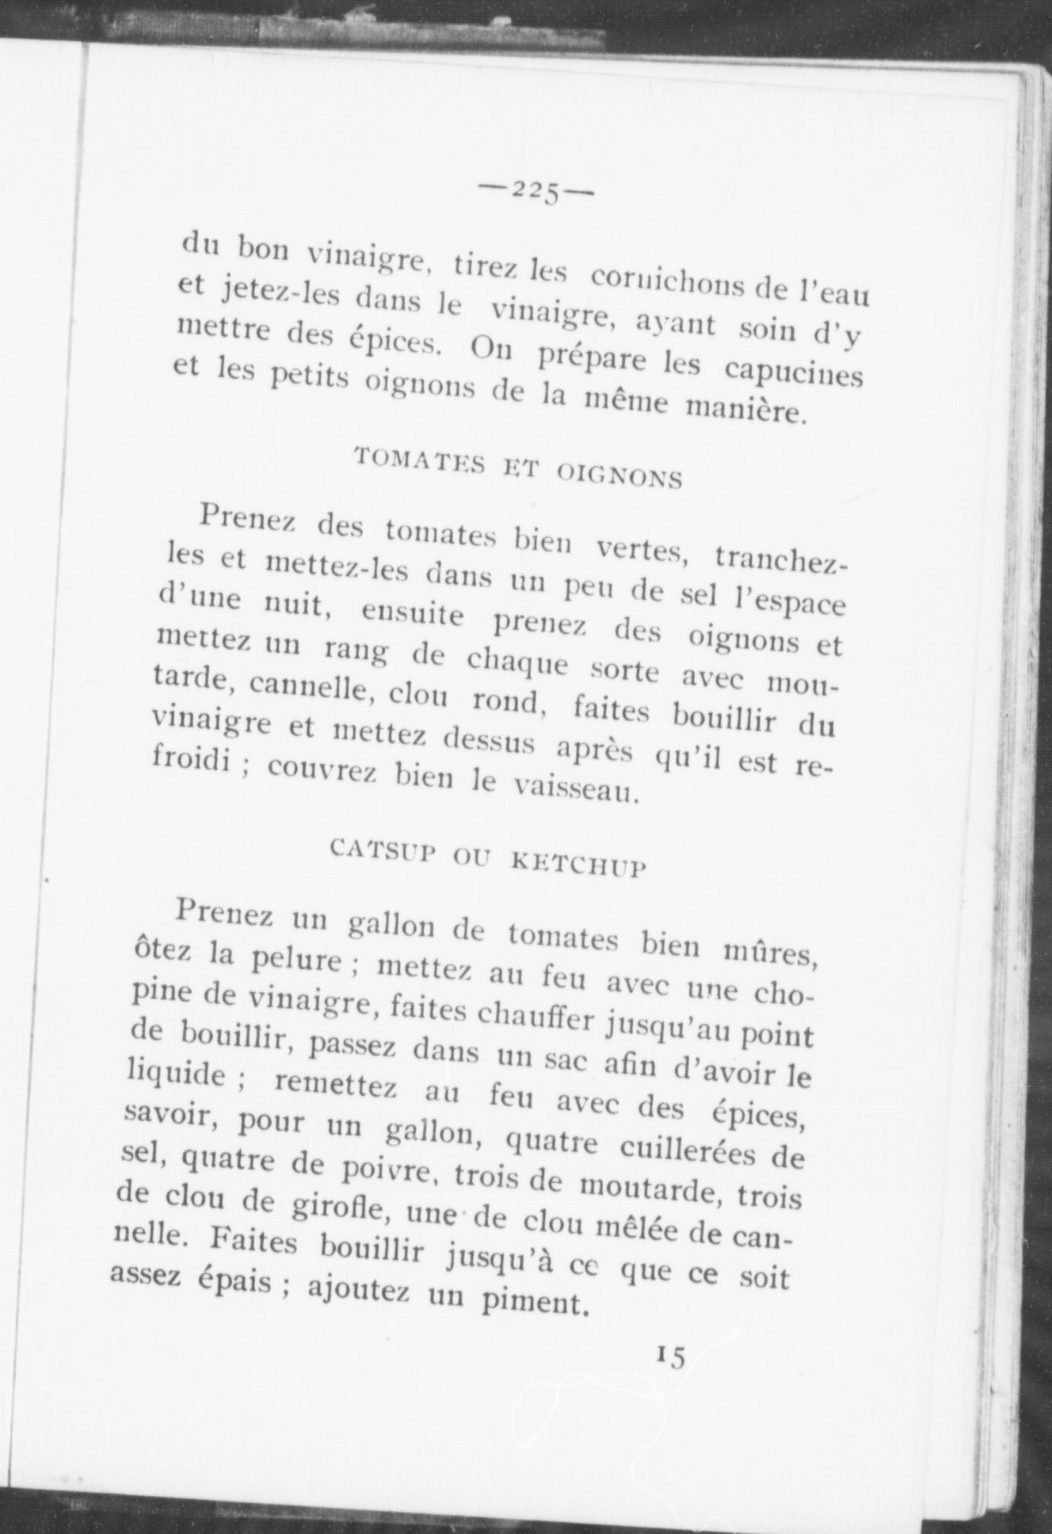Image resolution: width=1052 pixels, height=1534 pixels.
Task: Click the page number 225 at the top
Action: point(536,190)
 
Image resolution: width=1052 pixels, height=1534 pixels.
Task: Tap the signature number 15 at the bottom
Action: point(669,1356)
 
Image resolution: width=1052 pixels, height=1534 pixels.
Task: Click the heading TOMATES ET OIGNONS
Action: point(519,467)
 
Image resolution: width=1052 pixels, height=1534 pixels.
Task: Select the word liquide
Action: point(175,1075)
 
